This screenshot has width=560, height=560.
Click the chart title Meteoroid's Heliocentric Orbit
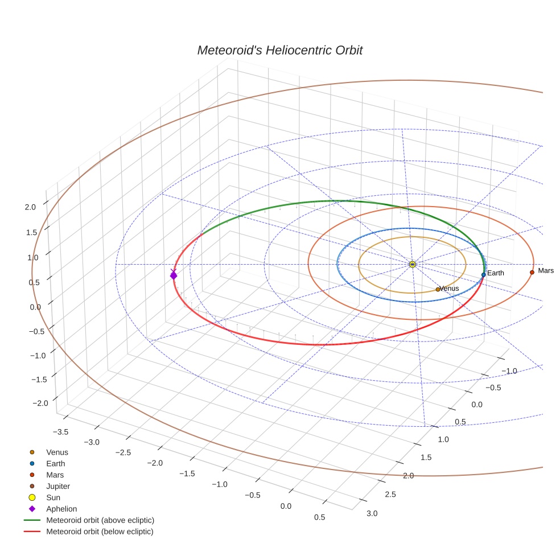(279, 50)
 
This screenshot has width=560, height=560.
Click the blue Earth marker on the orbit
(483, 274)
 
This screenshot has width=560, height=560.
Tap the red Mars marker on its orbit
(532, 272)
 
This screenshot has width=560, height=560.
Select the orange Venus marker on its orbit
(438, 289)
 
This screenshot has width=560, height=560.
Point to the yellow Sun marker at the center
(413, 264)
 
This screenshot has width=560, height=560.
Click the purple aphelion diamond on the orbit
(174, 275)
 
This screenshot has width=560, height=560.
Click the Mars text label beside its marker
(546, 271)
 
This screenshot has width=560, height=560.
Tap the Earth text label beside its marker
(496, 273)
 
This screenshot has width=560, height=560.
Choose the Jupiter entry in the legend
(58, 486)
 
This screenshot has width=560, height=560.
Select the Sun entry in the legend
(53, 497)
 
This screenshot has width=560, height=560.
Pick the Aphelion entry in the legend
(61, 509)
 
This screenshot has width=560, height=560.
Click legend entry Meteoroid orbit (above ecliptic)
(100, 520)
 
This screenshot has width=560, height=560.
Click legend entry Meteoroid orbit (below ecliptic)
(100, 532)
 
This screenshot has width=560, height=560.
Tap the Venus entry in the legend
(57, 452)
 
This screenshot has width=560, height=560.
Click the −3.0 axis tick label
(91, 442)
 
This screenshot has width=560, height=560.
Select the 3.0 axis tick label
(372, 513)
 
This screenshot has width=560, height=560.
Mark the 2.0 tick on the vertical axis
(30, 207)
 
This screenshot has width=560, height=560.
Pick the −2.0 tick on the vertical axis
(40, 403)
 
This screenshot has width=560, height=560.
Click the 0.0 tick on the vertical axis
(36, 307)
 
